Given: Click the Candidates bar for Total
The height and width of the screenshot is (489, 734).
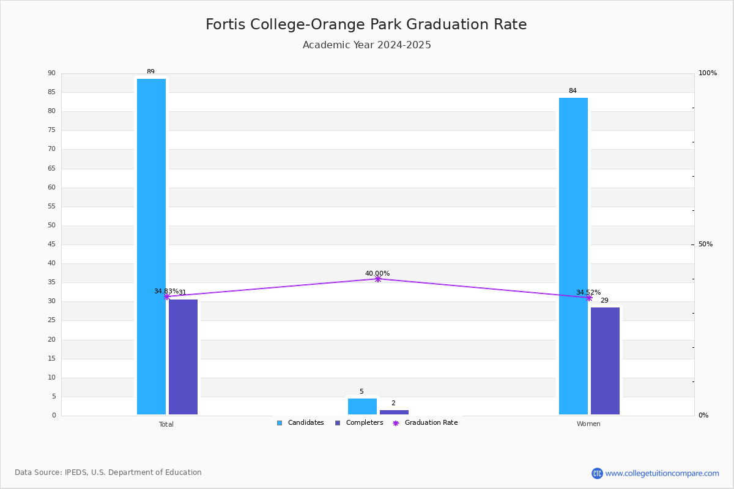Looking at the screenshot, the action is click(152, 246).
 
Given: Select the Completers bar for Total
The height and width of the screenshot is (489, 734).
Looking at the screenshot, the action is click(183, 357).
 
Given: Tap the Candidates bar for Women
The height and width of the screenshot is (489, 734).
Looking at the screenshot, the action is click(574, 256).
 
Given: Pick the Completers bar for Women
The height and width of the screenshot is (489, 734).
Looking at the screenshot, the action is click(605, 361).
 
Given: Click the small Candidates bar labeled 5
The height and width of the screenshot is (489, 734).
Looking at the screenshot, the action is click(362, 406).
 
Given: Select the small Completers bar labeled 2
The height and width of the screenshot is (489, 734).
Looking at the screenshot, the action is click(394, 413).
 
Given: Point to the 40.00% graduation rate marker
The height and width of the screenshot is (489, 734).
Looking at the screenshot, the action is click(378, 279).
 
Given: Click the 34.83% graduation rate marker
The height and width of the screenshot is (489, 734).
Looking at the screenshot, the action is click(167, 296).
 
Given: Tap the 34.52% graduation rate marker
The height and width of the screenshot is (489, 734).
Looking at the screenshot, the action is click(589, 298).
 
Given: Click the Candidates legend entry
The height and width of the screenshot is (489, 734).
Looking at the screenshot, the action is click(300, 423).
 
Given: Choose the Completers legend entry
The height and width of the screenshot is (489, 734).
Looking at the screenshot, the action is click(359, 423).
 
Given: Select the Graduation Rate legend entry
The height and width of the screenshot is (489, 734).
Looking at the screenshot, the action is click(425, 423).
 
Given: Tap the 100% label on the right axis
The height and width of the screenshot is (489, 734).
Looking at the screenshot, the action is click(708, 73).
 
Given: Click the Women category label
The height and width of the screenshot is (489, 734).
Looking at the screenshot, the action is click(588, 424).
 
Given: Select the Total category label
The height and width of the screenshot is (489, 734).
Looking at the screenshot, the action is click(166, 424).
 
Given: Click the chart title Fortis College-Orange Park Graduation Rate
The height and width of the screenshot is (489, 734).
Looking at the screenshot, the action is click(366, 24).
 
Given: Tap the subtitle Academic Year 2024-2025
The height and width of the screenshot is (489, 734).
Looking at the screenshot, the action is click(366, 45).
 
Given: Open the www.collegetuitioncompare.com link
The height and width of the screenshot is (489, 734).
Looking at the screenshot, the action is click(662, 473).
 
